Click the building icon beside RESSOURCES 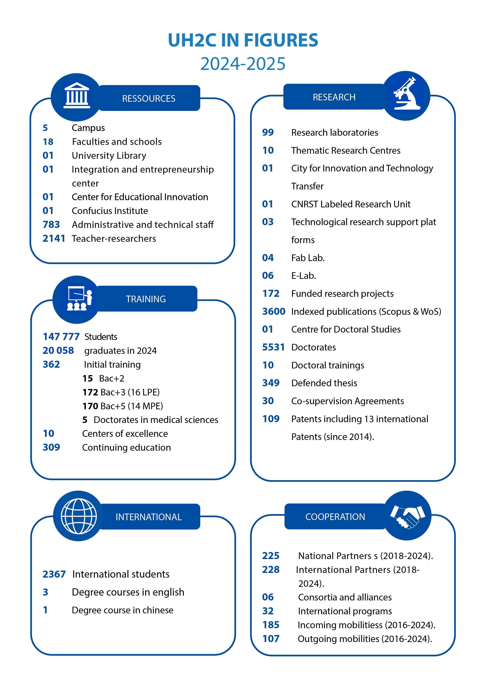pyautogui.click(x=77, y=95)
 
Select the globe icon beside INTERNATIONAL pyautogui.click(x=79, y=516)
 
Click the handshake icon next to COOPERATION pyautogui.click(x=407, y=516)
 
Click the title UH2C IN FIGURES pyautogui.click(x=243, y=40)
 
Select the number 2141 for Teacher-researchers pyautogui.click(x=54, y=238)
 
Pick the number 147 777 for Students pyautogui.click(x=61, y=336)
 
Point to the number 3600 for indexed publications pyautogui.click(x=273, y=311)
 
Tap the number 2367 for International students pyautogui.click(x=54, y=574)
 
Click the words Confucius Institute pyautogui.click(x=110, y=211)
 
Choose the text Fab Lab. pyautogui.click(x=308, y=258)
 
